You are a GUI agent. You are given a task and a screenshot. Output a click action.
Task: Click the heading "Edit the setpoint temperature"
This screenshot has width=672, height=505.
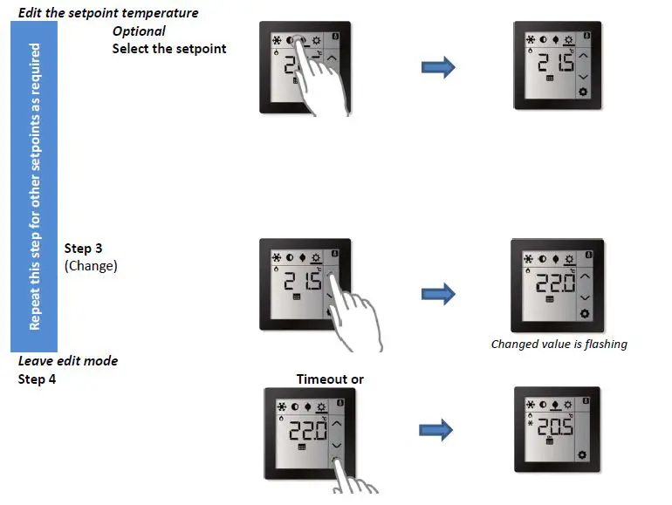click(108, 13)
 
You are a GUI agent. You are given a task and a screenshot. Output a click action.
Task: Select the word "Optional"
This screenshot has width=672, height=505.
click(139, 31)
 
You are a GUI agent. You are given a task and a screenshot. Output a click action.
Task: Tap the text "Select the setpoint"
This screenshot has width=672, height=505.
click(169, 49)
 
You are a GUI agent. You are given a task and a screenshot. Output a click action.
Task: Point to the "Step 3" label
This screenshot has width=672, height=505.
click(84, 249)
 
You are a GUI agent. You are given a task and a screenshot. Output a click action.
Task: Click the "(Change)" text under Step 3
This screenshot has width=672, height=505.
click(91, 266)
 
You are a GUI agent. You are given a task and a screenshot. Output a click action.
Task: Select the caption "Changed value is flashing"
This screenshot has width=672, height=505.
click(559, 344)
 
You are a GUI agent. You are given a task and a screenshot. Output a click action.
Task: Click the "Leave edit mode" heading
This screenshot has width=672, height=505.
click(68, 361)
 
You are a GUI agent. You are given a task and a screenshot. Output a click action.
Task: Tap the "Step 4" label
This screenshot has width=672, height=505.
click(38, 379)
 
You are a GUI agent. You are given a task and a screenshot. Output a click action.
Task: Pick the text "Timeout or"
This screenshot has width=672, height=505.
click(330, 379)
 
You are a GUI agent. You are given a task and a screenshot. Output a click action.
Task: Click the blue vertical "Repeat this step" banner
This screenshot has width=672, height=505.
click(34, 186)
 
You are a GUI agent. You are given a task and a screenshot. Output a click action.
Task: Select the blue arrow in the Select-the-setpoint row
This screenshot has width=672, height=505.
click(438, 68)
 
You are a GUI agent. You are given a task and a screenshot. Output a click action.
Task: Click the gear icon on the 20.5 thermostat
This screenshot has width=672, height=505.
click(582, 454)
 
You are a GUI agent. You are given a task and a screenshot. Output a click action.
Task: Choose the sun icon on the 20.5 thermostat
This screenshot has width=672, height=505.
click(567, 406)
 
